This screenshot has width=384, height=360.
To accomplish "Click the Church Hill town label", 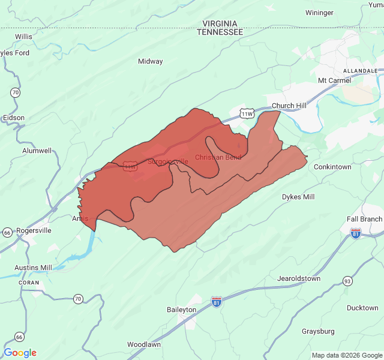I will [x=289, y=106].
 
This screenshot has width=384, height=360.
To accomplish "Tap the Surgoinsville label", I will [x=168, y=161].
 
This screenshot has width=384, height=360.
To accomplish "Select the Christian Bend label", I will [x=218, y=157].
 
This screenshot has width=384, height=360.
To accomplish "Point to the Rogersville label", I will [x=34, y=230].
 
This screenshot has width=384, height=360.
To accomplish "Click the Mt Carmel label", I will [x=334, y=80].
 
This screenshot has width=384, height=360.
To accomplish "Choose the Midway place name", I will [x=150, y=61].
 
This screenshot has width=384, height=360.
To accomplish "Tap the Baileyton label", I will [x=181, y=310].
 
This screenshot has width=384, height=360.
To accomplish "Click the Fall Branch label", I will [x=364, y=219].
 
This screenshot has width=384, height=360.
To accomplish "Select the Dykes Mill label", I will [x=298, y=197].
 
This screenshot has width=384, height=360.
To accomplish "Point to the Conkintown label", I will [x=332, y=167].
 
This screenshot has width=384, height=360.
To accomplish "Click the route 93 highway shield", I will [x=347, y=281].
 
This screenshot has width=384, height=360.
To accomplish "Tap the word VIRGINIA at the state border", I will [x=220, y=23].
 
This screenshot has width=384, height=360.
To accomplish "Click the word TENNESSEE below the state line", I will [x=220, y=32].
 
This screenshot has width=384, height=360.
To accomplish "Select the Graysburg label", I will [x=318, y=331].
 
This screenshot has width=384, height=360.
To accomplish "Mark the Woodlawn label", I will [x=143, y=345].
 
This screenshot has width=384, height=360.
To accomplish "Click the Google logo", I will [x=20, y=353].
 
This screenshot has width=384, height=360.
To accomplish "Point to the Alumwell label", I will [x=37, y=151].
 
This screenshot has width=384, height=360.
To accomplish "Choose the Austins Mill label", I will [x=34, y=268].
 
